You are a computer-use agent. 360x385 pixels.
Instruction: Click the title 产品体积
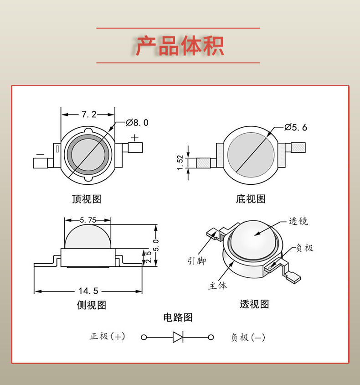pos(180,46)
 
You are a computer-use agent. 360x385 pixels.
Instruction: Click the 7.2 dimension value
pos(89,114)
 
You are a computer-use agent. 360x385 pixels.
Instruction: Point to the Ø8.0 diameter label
pos(137,123)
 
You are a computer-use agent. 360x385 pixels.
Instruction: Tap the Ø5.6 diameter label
pos(296,127)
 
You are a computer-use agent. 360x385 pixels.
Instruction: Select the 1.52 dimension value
pos(180,162)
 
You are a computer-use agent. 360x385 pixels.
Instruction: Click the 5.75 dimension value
pos(88,220)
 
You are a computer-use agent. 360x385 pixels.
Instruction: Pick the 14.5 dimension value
pos(88,291)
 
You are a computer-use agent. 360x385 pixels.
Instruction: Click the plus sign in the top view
pos(134,138)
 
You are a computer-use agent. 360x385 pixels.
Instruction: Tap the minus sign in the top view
pos(40,154)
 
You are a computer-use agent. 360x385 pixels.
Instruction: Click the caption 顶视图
pos(87,199)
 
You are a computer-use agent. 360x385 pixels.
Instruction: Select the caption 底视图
pos(251,199)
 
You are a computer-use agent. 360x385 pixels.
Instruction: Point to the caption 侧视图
pos(92,305)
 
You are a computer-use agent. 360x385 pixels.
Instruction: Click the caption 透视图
pos(254,304)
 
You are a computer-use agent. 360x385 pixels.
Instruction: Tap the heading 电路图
pos(178,317)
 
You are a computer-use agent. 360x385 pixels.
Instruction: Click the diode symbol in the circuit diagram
pos(178,337)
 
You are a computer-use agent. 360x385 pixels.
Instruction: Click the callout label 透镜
pos(298,221)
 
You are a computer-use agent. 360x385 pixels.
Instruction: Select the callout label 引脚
pos(197,261)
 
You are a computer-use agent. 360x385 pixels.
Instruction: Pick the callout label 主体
pos(217,285)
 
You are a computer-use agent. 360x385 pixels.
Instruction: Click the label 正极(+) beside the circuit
pos(107,336)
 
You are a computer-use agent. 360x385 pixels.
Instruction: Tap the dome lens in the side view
pos(88,237)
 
